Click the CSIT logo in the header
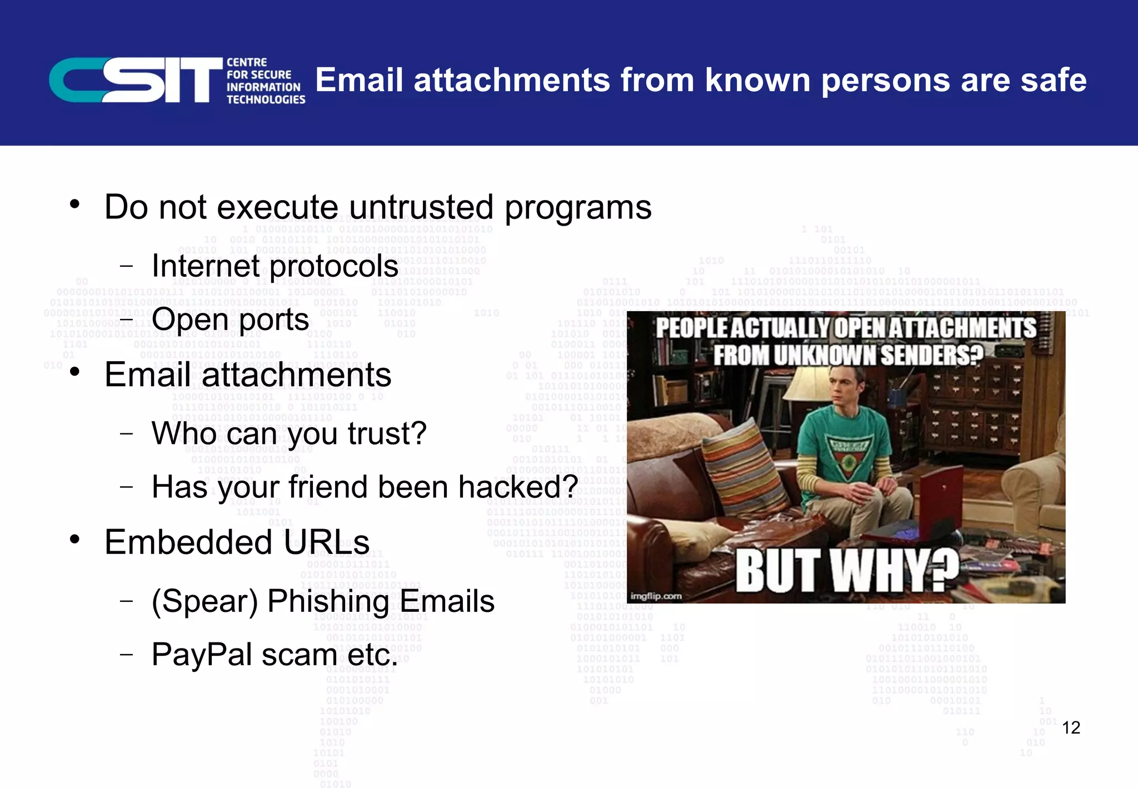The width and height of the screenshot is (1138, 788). point(177,81)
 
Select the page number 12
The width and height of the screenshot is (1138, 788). point(1071,727)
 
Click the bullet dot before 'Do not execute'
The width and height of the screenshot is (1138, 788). point(75,204)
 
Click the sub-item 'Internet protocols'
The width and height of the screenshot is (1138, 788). point(274,266)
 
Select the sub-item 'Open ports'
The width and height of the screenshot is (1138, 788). point(230,319)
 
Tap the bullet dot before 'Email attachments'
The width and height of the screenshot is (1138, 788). point(75,372)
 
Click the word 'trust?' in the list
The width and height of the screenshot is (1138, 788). point(387,433)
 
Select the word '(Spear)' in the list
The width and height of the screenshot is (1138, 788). point(205,601)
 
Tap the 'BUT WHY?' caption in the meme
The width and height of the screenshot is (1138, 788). point(847,571)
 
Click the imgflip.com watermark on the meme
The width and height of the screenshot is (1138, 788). point(656,596)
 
